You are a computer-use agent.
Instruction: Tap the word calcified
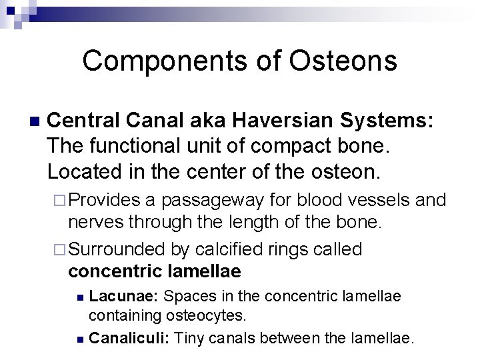(224, 249)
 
